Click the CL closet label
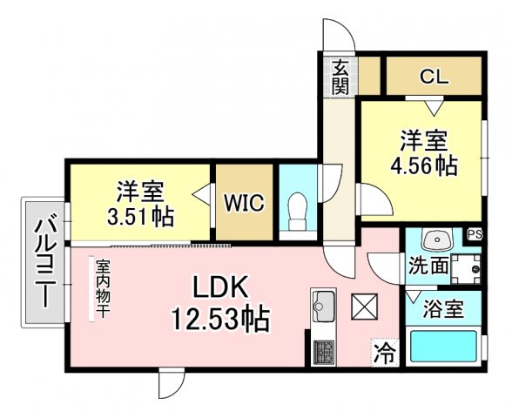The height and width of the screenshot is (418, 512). [x=434, y=77]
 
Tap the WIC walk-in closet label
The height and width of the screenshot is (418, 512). [x=244, y=203]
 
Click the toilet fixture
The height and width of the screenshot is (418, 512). [x=298, y=212]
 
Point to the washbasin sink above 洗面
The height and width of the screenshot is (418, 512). [x=437, y=239]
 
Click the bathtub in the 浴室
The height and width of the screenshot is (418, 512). [x=443, y=347]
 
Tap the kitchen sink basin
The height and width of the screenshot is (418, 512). [x=323, y=307]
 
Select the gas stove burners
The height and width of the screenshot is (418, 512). [x=324, y=353]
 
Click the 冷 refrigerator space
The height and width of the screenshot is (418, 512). [x=385, y=353]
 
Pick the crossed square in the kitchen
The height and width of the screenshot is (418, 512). [x=364, y=307]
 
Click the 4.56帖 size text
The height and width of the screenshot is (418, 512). [x=424, y=166]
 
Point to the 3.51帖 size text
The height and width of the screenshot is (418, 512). [x=140, y=217]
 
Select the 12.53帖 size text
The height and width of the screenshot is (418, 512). [x=221, y=319]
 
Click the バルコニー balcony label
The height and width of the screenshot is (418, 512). [x=44, y=263]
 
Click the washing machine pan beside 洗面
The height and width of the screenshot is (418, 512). [x=466, y=268]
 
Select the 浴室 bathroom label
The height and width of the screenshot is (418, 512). [x=443, y=309]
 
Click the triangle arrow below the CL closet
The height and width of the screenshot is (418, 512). [x=435, y=108]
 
